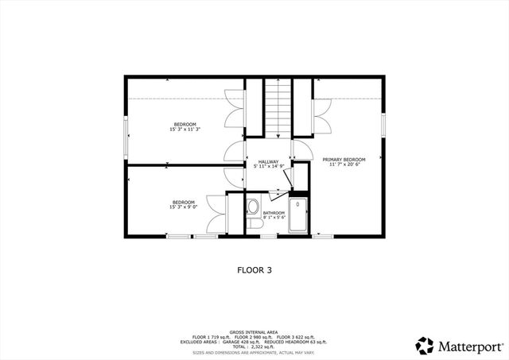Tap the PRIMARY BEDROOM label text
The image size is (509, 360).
(x=344, y=159)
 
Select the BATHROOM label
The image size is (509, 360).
(x=274, y=212)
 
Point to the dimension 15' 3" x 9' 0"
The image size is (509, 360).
(x=184, y=207)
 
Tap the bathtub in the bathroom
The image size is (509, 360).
(x=298, y=215)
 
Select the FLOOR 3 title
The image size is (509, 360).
(x=254, y=269)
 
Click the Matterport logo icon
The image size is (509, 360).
(x=425, y=346)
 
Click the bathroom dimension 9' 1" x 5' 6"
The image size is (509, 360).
(x=274, y=217)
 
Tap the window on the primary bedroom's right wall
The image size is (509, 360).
(x=383, y=124)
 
